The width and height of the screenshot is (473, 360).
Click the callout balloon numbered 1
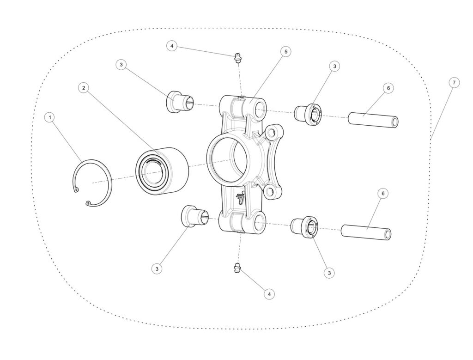pos(50,117)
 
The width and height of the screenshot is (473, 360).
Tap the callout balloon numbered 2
pos(84,88)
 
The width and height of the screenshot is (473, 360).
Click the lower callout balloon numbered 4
pos(269,293)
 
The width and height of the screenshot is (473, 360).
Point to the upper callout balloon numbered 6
pos(388,88)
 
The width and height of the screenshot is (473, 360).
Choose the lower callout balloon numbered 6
pos(383,193)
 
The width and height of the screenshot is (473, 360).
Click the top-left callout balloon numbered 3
pos(121,65)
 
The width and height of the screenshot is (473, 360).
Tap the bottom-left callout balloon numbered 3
pos(157,268)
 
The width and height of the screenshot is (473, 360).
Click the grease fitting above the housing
pos(238,57)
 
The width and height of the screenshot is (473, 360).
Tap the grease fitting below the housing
pos(238,268)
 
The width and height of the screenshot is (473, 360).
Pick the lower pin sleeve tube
pos(366,232)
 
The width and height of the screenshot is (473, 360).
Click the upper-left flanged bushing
pos(180,101)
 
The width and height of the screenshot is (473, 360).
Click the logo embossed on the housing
pos(241,198)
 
